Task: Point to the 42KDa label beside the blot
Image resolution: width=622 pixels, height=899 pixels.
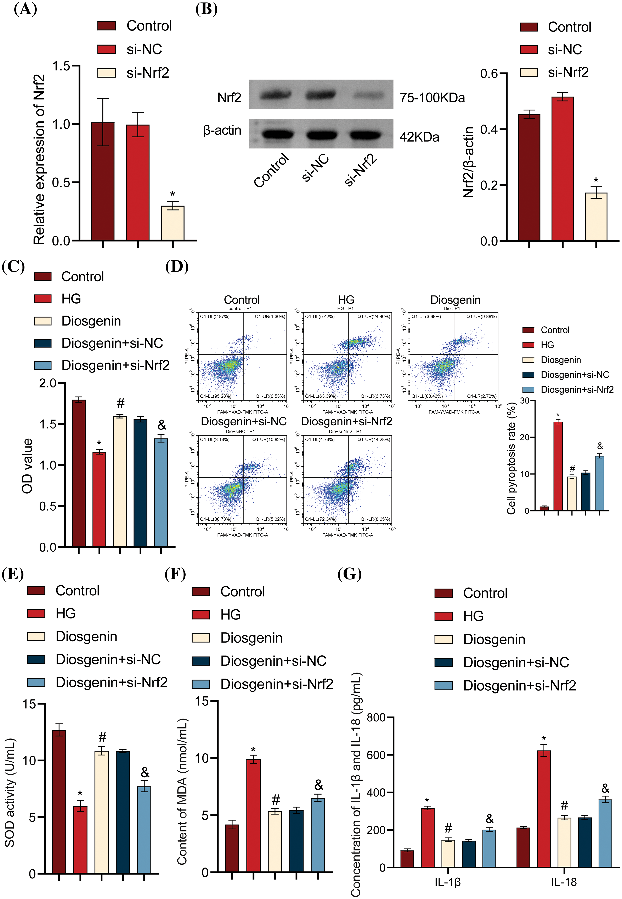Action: point(419,137)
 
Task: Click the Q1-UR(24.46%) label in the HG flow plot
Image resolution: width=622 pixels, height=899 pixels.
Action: point(373,317)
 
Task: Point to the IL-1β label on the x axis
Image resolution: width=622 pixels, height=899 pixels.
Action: point(448,882)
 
